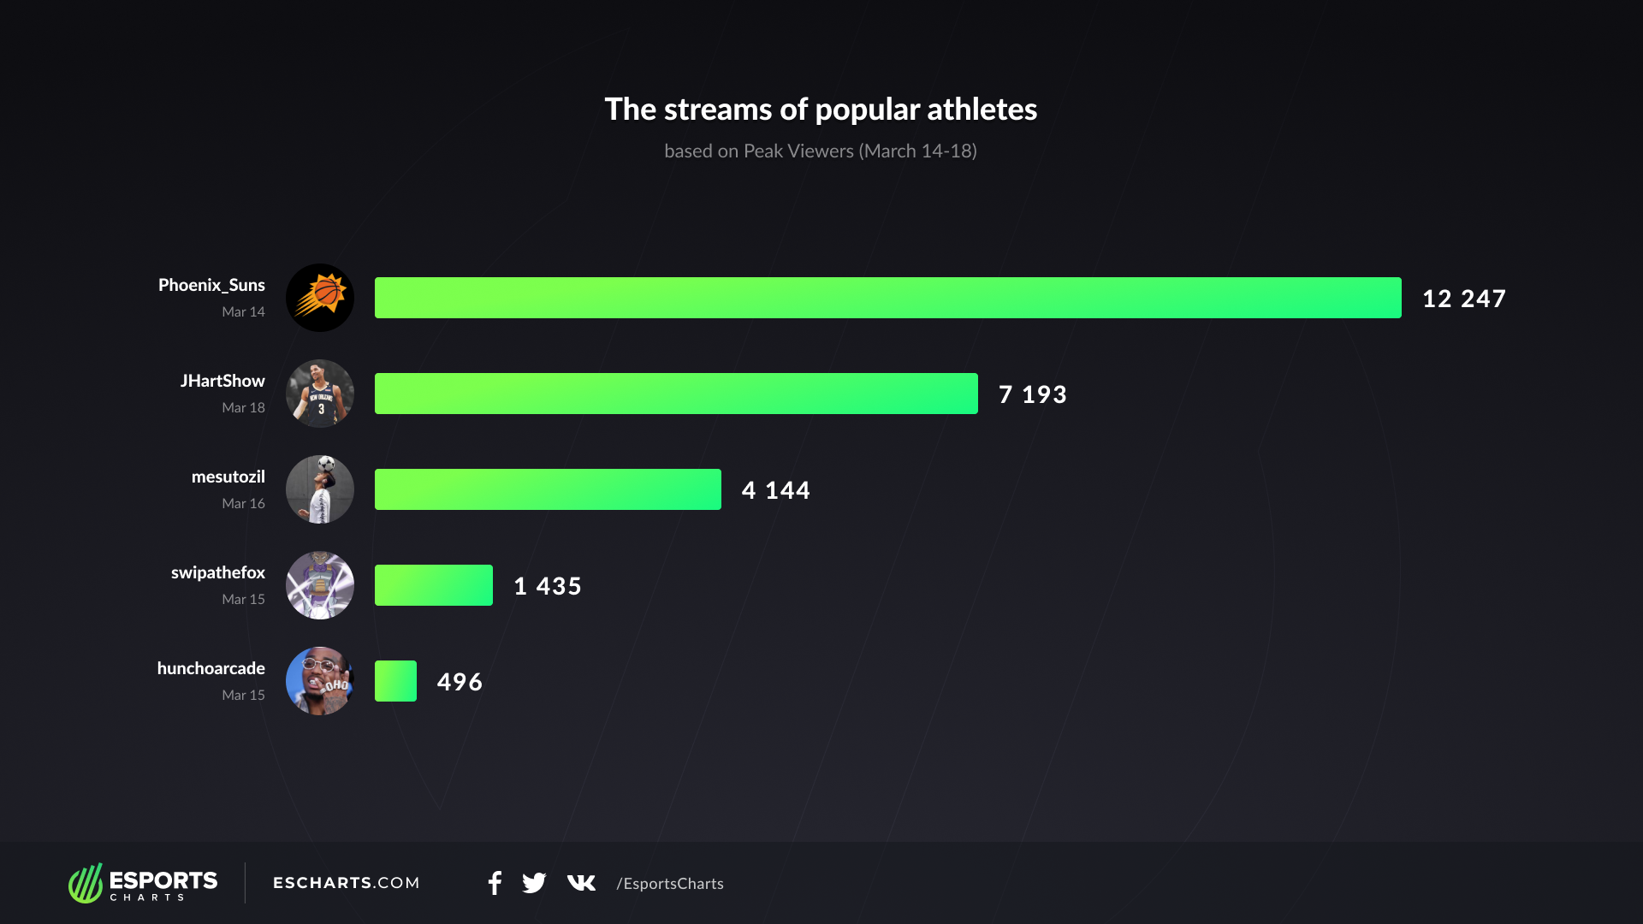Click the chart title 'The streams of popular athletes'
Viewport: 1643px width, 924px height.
[x=821, y=110]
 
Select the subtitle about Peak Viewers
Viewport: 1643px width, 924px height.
[x=821, y=151]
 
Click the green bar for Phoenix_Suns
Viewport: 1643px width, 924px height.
[x=887, y=298]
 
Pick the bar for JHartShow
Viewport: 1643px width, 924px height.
[x=676, y=394]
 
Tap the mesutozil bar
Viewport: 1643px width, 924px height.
[x=548, y=489]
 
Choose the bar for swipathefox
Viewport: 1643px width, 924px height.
[x=434, y=585]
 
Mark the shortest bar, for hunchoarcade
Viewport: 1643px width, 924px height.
[x=395, y=681]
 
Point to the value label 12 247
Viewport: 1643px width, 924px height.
[x=1463, y=299]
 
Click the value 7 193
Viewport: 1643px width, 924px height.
[x=1033, y=394]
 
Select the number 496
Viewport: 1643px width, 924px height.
[x=460, y=682]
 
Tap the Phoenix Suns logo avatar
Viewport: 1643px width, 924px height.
[x=320, y=298]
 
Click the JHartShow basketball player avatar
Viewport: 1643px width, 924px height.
[x=320, y=394]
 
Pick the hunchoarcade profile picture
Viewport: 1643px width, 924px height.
[x=320, y=681]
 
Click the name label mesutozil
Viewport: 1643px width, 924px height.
[x=228, y=477]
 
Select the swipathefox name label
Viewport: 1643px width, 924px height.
[x=217, y=572]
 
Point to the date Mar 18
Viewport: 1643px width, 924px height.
[x=243, y=408]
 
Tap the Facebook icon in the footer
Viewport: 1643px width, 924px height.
[x=495, y=883]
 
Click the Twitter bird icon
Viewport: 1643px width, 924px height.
[x=534, y=883]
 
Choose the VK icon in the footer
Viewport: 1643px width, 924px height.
[x=581, y=883]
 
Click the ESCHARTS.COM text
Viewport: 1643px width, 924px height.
[x=347, y=883]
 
